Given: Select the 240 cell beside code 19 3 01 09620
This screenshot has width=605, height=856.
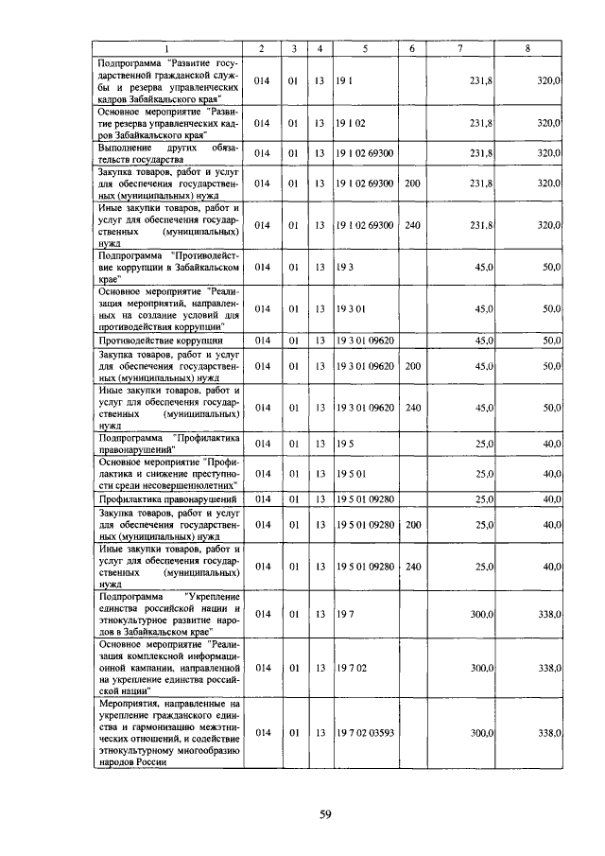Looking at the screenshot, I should [412, 408].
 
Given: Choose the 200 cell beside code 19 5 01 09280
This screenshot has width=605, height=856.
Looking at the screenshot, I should [412, 523].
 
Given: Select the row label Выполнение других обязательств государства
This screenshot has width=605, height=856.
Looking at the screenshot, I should [167, 153].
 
